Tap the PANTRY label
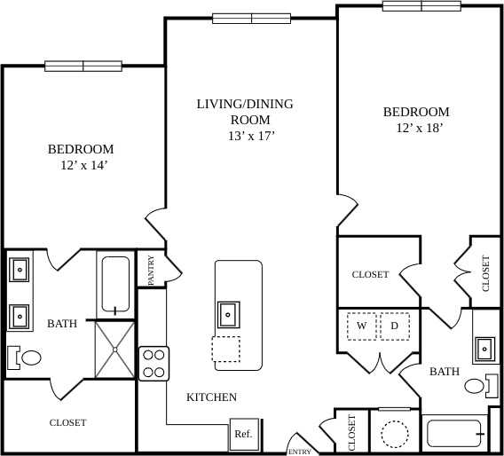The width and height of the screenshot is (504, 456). [x=152, y=270]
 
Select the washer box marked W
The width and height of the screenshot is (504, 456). [x=361, y=326]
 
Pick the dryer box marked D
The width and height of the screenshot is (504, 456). [x=395, y=326]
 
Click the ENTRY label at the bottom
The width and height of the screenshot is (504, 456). [x=299, y=452]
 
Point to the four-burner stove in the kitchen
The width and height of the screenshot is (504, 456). [x=154, y=362]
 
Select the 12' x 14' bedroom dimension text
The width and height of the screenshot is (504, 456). [x=81, y=165]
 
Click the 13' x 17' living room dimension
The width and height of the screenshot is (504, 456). [x=251, y=136]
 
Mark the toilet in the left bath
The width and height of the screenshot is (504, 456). [x=27, y=358]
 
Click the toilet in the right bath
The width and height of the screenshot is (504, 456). [x=476, y=386]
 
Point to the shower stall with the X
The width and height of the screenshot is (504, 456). [x=114, y=348]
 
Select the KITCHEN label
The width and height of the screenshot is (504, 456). [x=211, y=397]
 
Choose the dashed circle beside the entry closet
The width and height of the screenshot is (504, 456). [x=393, y=433]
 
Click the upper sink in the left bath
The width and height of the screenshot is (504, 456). [x=20, y=268]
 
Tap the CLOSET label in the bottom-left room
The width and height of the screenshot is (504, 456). [x=67, y=422]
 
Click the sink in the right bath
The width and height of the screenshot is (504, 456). [x=485, y=348]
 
